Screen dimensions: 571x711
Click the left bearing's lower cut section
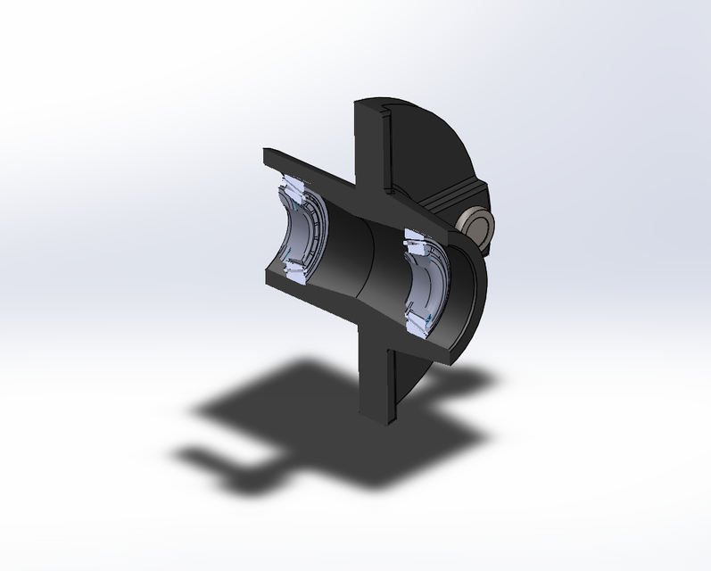[296, 271]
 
